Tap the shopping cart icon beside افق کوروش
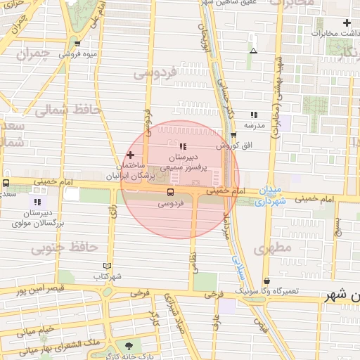[233, 135]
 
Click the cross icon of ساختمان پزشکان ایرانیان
[130, 155]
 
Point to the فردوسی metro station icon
[170, 192]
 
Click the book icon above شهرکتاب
[107, 266]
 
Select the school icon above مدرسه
[253, 115]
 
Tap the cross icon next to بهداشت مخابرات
[347, 22]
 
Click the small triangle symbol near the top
[253, 51]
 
